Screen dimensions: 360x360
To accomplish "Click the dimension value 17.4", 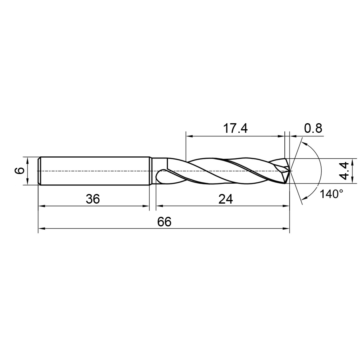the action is point(235,128).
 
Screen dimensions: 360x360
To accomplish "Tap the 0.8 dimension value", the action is point(313,128).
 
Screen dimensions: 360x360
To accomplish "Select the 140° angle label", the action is point(332,194).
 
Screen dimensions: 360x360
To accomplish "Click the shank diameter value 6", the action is point(21,170).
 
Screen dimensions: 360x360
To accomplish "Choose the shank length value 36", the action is point(93,199).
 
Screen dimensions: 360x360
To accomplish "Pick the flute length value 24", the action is point(226,199).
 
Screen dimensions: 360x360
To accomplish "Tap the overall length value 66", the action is point(164,222).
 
